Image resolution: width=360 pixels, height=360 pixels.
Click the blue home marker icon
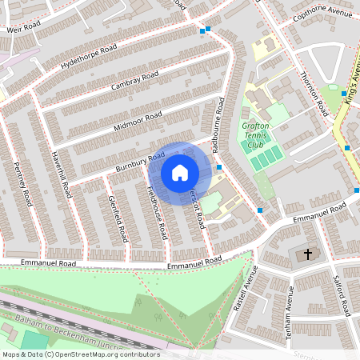[x=180, y=173]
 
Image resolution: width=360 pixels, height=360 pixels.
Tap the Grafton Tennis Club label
[x=255, y=134]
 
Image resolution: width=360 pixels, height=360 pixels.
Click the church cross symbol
[x=306, y=255]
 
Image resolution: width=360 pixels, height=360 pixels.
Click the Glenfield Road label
[x=117, y=218]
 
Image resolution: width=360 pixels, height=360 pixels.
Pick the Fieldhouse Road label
[x=157, y=212]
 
